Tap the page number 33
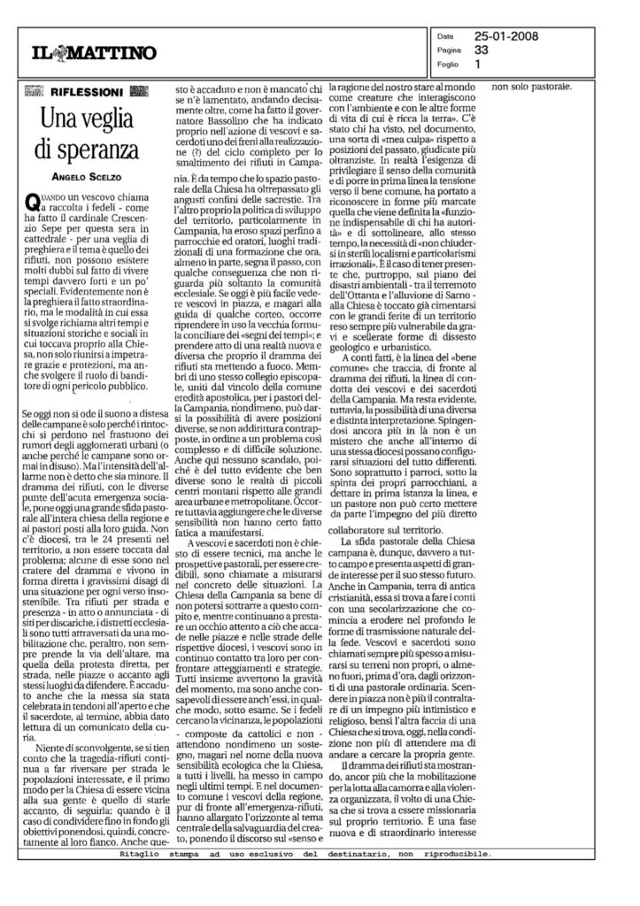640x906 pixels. [482, 51]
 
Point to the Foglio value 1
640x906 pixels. [478, 64]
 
